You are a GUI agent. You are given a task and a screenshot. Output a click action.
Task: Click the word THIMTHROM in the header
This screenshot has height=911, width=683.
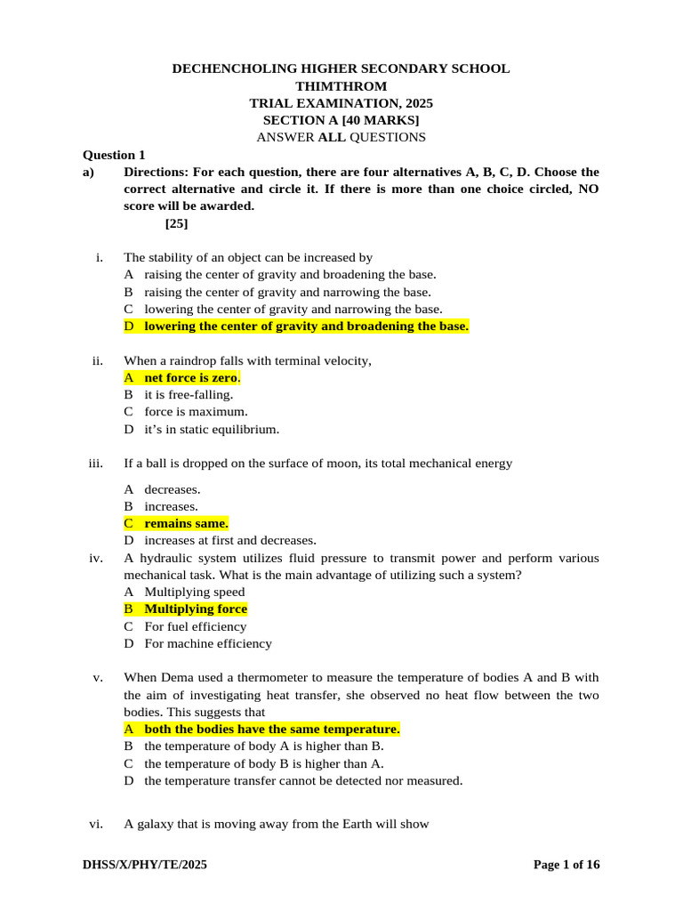coord(341,86)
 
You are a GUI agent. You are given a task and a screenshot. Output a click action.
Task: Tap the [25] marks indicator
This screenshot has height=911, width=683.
coord(176,223)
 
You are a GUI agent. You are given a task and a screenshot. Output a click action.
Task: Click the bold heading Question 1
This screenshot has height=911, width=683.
coord(114,155)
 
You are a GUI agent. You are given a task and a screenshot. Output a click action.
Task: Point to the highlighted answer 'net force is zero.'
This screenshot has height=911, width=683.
coord(192,377)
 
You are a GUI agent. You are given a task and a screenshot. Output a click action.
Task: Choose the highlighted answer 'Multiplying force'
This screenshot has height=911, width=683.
coord(196,609)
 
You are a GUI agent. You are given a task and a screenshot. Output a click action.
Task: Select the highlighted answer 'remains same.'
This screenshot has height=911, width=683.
coord(186,523)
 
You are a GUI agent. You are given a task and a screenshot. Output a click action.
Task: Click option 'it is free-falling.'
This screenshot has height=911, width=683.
coord(189,394)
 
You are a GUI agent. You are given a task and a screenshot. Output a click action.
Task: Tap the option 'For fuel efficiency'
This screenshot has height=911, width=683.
coord(195,626)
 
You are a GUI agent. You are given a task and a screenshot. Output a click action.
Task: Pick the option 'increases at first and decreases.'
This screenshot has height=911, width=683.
coord(230,540)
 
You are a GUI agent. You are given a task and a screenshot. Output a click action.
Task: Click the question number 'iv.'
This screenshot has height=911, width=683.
coord(97,558)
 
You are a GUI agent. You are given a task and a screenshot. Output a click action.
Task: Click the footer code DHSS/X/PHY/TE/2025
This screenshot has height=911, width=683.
coord(145,865)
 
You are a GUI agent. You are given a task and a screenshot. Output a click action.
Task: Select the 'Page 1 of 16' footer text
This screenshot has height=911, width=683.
coord(566,865)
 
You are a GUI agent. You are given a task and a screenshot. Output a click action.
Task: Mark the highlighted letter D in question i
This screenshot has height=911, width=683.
coord(129,327)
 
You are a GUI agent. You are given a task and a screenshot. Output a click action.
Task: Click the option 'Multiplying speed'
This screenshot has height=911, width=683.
coord(195,592)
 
